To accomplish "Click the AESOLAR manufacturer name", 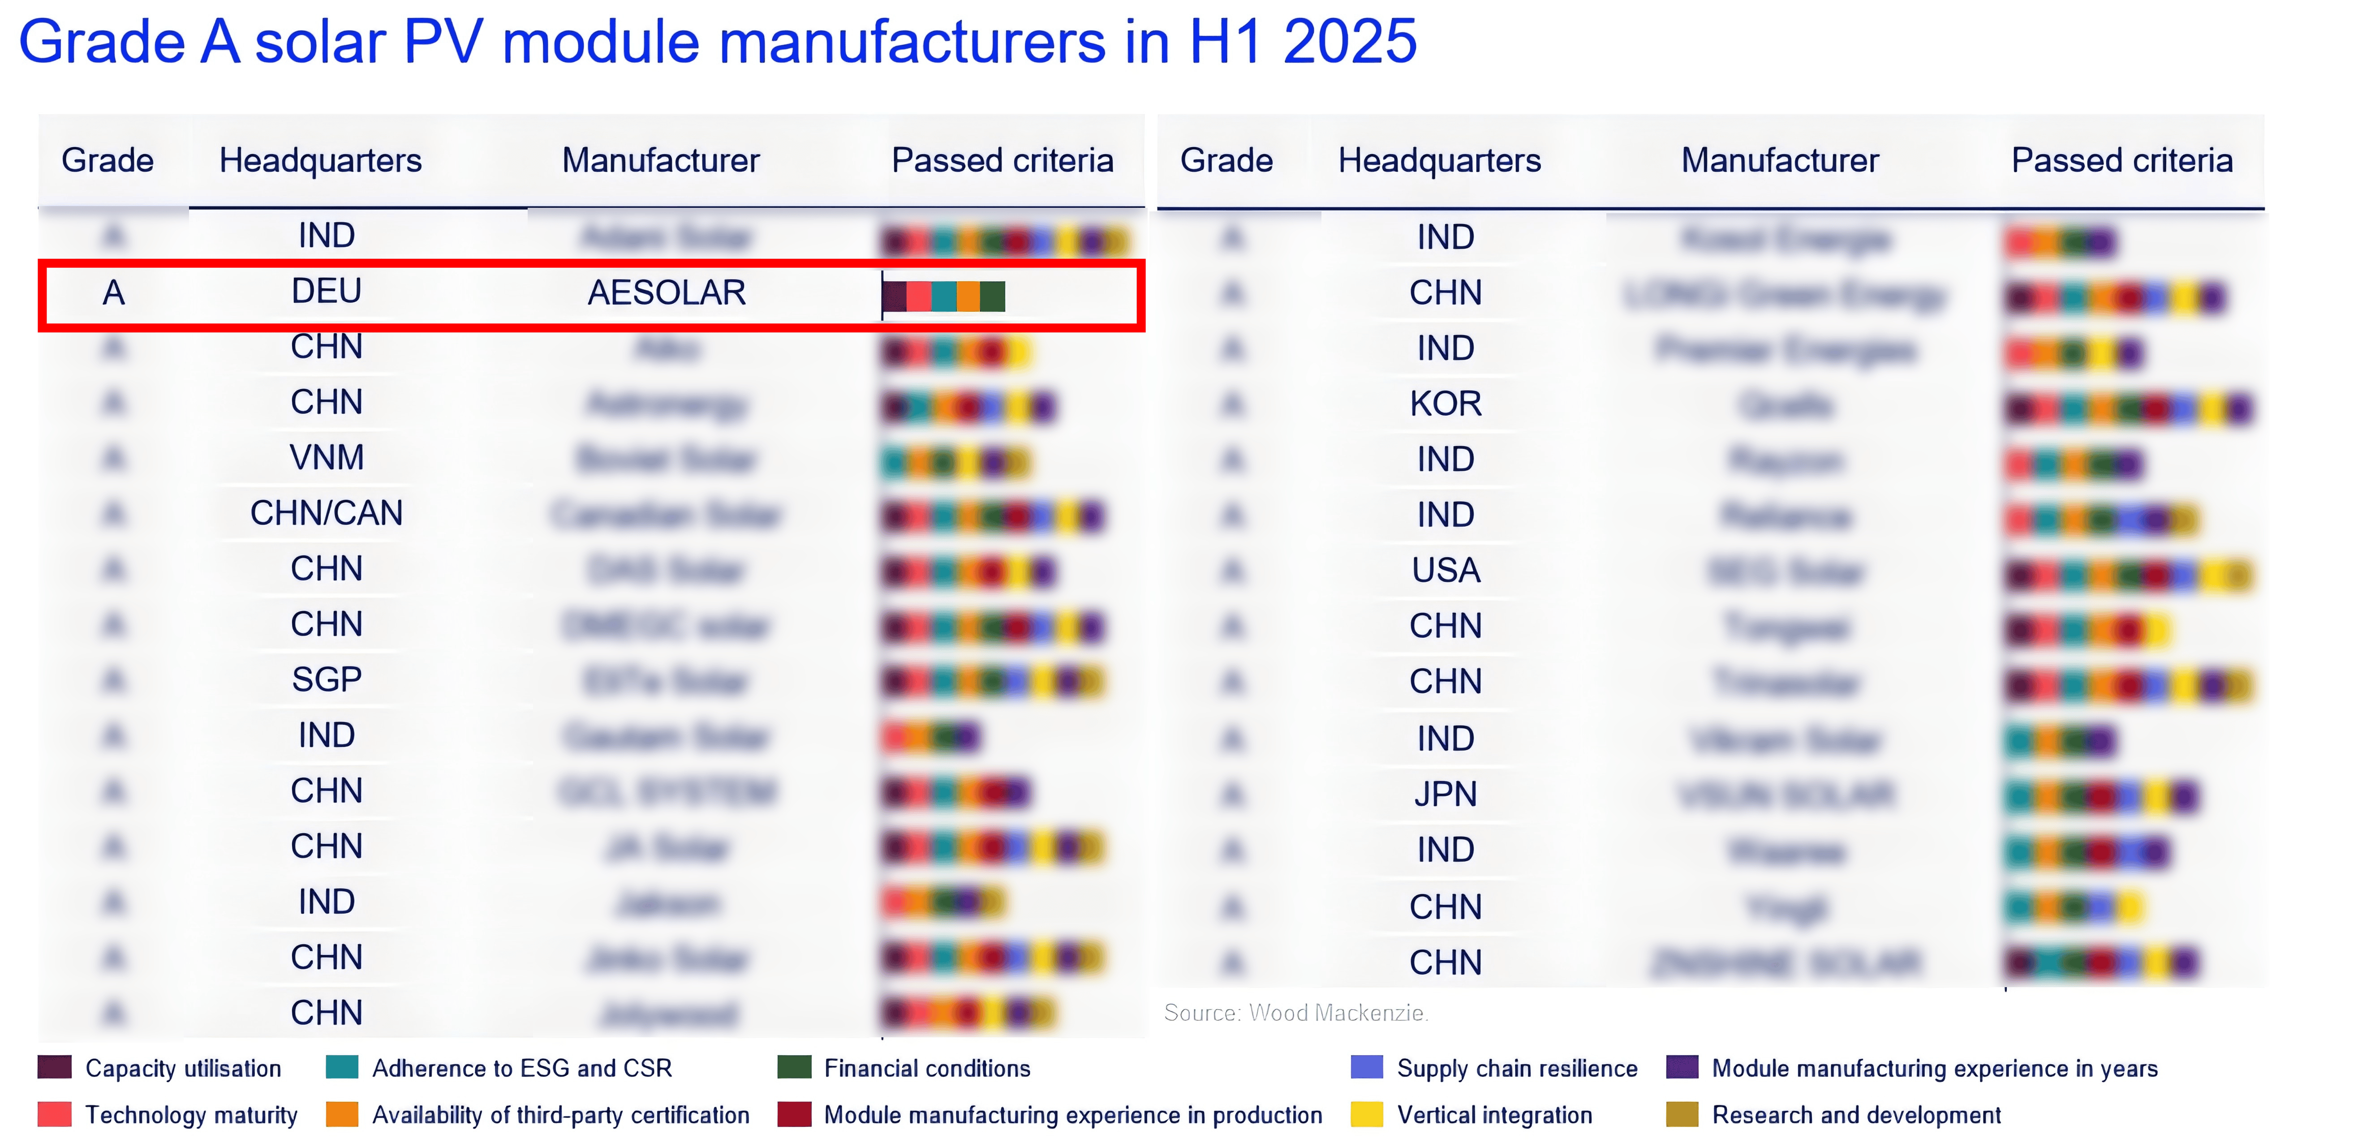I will (x=667, y=293).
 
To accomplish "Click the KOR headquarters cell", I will (x=1446, y=404).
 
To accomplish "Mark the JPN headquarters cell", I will (x=1446, y=795).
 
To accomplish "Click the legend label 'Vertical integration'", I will (x=1494, y=1116).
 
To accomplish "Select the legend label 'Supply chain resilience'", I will (x=1517, y=1069).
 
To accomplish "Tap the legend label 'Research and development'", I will (x=1856, y=1116).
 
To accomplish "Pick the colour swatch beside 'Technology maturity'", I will (x=54, y=1115).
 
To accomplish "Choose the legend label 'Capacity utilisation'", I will (x=183, y=1069).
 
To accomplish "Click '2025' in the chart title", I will (x=1349, y=42).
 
